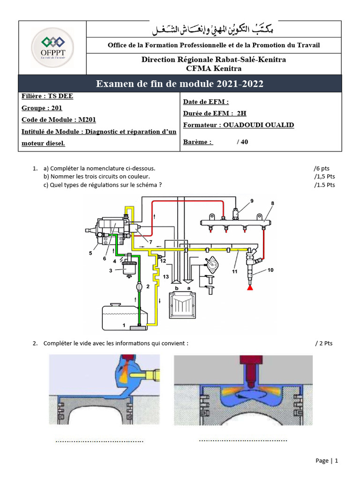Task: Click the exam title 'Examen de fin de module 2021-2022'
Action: [180, 84]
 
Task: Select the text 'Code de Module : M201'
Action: [59, 120]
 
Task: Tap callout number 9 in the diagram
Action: [252, 201]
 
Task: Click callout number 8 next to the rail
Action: [272, 203]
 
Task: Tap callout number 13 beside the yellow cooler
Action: [165, 277]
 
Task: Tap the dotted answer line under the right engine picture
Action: [243, 440]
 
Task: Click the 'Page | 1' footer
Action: [326, 461]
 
